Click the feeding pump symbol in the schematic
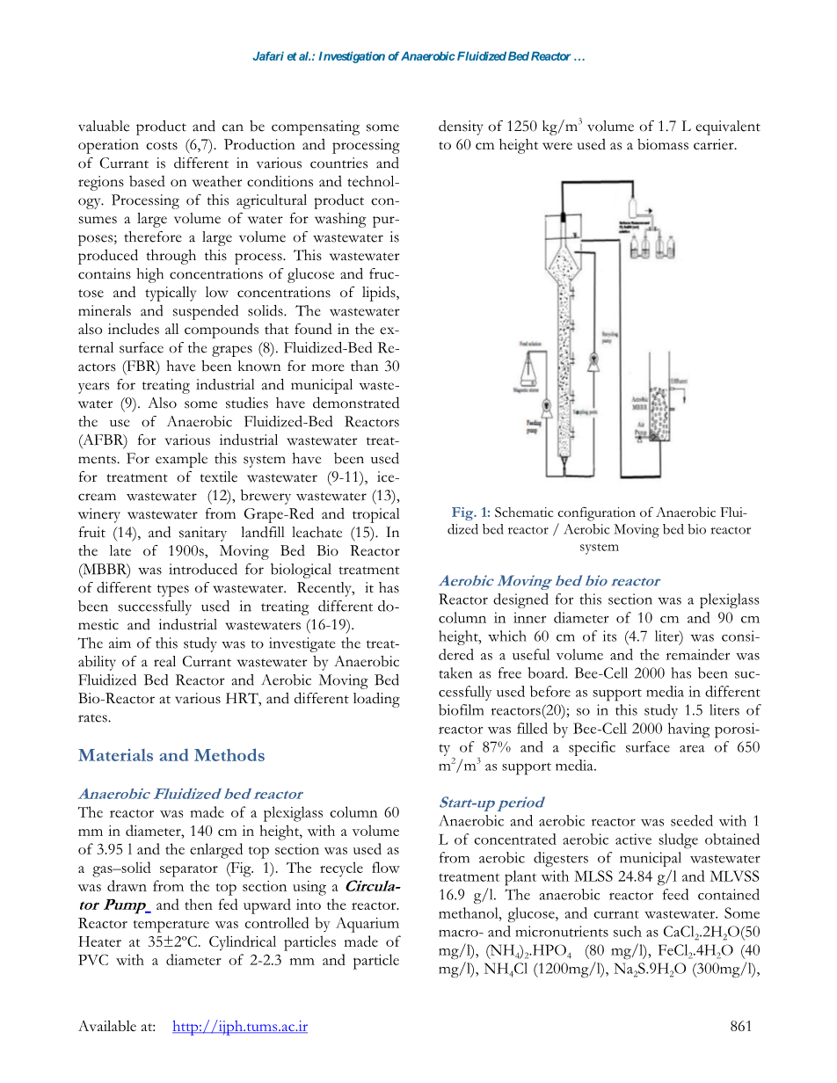(x=546, y=406)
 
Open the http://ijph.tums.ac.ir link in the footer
(x=240, y=1026)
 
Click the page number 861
(x=742, y=1026)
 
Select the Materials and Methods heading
(x=171, y=756)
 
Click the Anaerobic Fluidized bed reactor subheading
(x=190, y=794)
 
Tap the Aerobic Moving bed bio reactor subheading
(x=549, y=581)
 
